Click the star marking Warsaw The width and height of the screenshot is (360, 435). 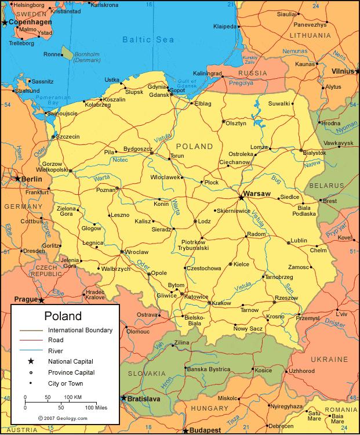tap(241, 198)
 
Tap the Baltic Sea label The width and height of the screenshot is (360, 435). tap(144, 39)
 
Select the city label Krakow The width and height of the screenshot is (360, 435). tap(221, 303)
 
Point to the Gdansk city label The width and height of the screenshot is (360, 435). tap(158, 94)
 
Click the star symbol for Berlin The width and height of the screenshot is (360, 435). tap(18, 179)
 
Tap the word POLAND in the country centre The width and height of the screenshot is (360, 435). tap(194, 146)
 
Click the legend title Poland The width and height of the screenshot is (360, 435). tap(63, 317)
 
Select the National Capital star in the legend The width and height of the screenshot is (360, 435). tap(30, 361)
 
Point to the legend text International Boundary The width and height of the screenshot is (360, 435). tap(81, 329)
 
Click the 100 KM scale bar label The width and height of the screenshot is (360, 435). tap(72, 397)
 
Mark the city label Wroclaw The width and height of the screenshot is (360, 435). tap(137, 252)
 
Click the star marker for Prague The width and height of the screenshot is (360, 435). tap(41, 300)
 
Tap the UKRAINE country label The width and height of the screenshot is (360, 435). tap(329, 360)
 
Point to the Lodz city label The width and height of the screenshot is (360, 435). tap(204, 221)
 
